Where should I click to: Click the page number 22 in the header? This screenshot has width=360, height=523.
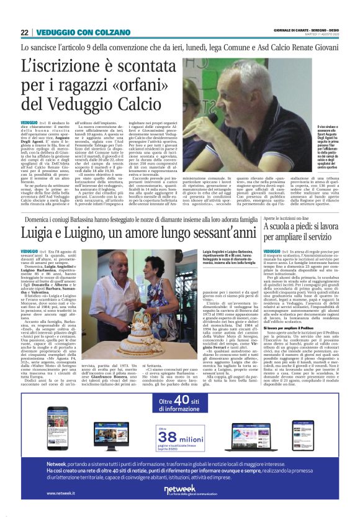pyautogui.click(x=25, y=32)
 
